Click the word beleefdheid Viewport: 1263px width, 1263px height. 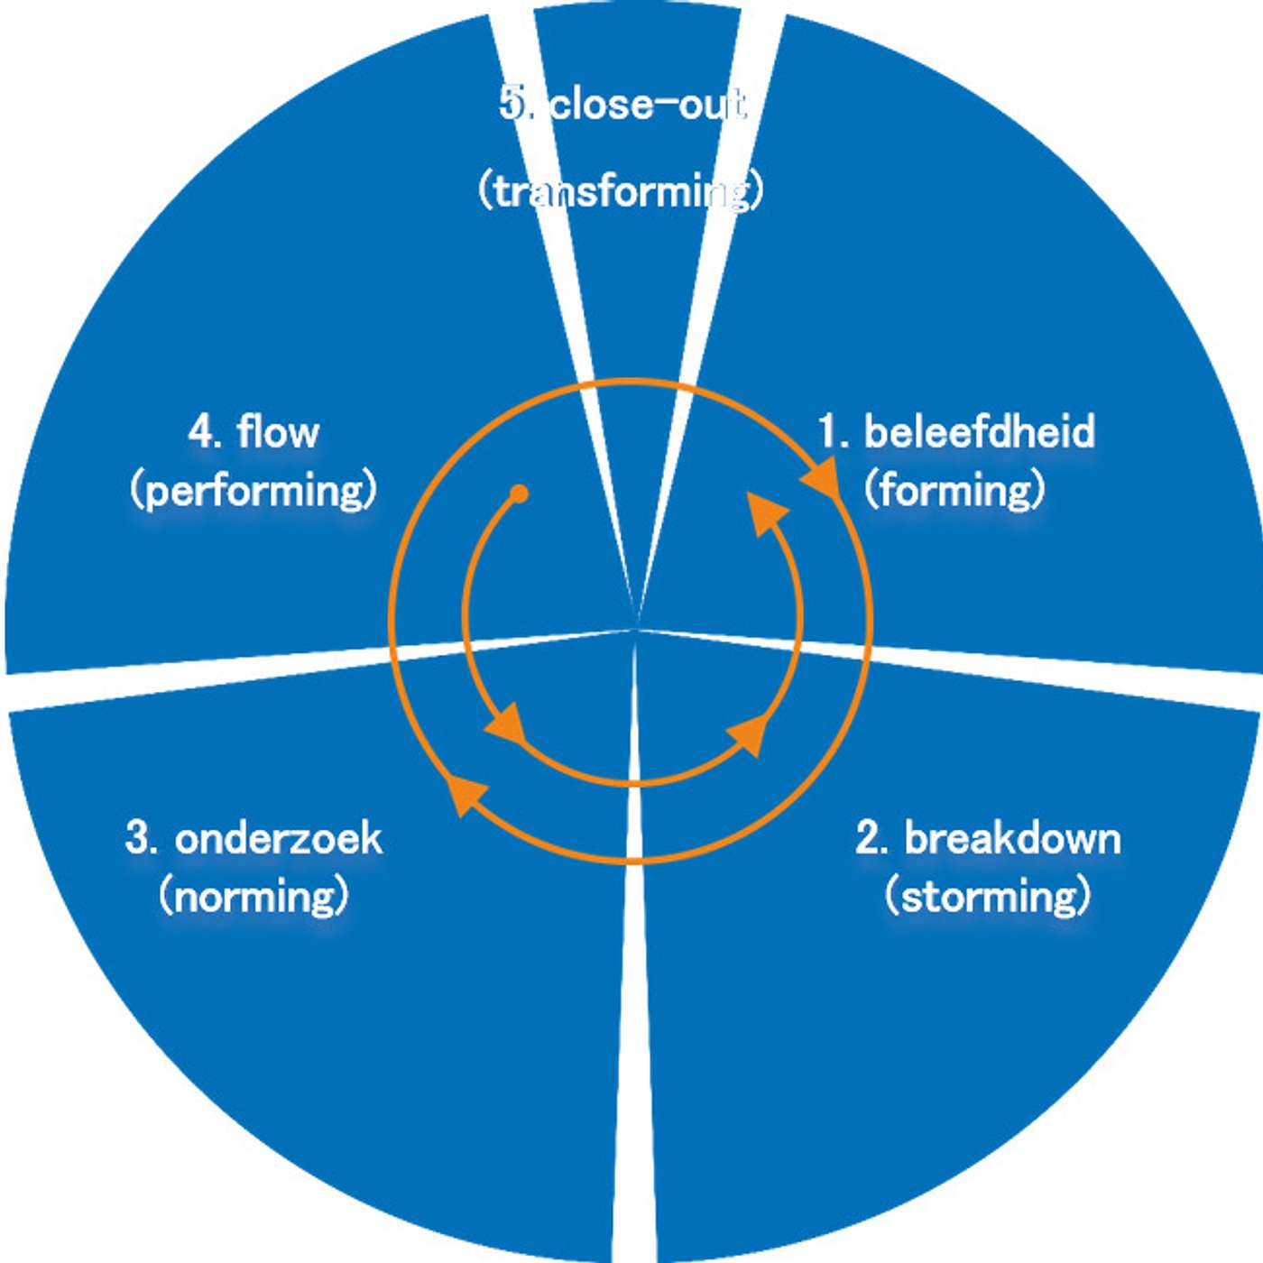click(980, 432)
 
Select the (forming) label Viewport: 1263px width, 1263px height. click(954, 490)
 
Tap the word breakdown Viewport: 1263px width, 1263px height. click(1012, 838)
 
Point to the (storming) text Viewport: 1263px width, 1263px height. click(988, 896)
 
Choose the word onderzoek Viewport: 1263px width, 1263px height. click(278, 838)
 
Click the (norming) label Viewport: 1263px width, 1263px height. click(254, 896)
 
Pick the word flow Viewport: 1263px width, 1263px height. click(278, 432)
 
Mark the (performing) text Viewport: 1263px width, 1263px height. click(253, 490)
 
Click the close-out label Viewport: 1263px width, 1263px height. click(648, 105)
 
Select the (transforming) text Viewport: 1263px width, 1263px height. click(622, 191)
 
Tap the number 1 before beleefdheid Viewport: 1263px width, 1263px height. click(829, 432)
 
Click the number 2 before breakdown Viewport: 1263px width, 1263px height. click(870, 838)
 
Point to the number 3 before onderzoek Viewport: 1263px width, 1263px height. click(139, 838)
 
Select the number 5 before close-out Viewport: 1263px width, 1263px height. click(513, 105)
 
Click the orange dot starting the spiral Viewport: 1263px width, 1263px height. click(519, 493)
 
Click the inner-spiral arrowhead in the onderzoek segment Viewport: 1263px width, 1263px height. click(509, 724)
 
